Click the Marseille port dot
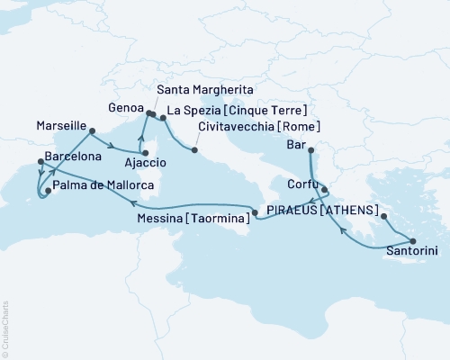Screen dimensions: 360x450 [92, 131]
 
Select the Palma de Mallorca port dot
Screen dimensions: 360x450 [47, 190]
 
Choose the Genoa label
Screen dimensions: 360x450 [124, 106]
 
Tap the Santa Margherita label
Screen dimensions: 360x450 [202, 92]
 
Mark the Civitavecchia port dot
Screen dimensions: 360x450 [193, 149]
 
